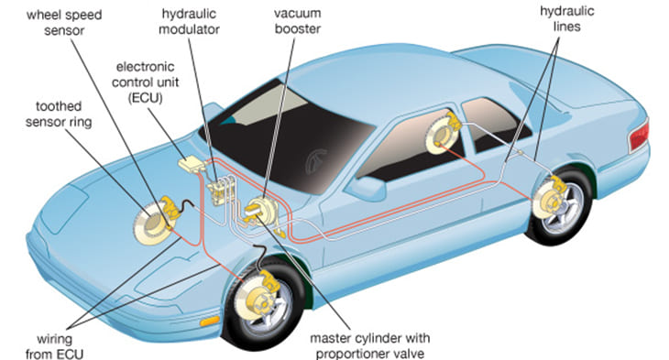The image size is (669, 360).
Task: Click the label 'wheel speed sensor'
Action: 64,23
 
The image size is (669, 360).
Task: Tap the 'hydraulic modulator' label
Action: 189,21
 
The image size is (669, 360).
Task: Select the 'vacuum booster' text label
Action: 297,21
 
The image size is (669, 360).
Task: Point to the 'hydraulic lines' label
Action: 567,18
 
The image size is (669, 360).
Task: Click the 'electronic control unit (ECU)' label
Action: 146,82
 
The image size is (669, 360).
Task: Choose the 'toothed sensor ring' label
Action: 59,115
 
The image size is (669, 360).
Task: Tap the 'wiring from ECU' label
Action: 54,347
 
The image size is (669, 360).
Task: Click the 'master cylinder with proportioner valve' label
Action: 370,346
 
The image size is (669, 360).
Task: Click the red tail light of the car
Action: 639,136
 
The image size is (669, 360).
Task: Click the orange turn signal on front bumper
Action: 210,322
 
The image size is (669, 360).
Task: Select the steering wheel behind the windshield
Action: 316,161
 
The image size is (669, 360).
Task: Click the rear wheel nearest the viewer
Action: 559,205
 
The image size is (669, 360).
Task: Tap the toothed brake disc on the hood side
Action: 149,224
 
